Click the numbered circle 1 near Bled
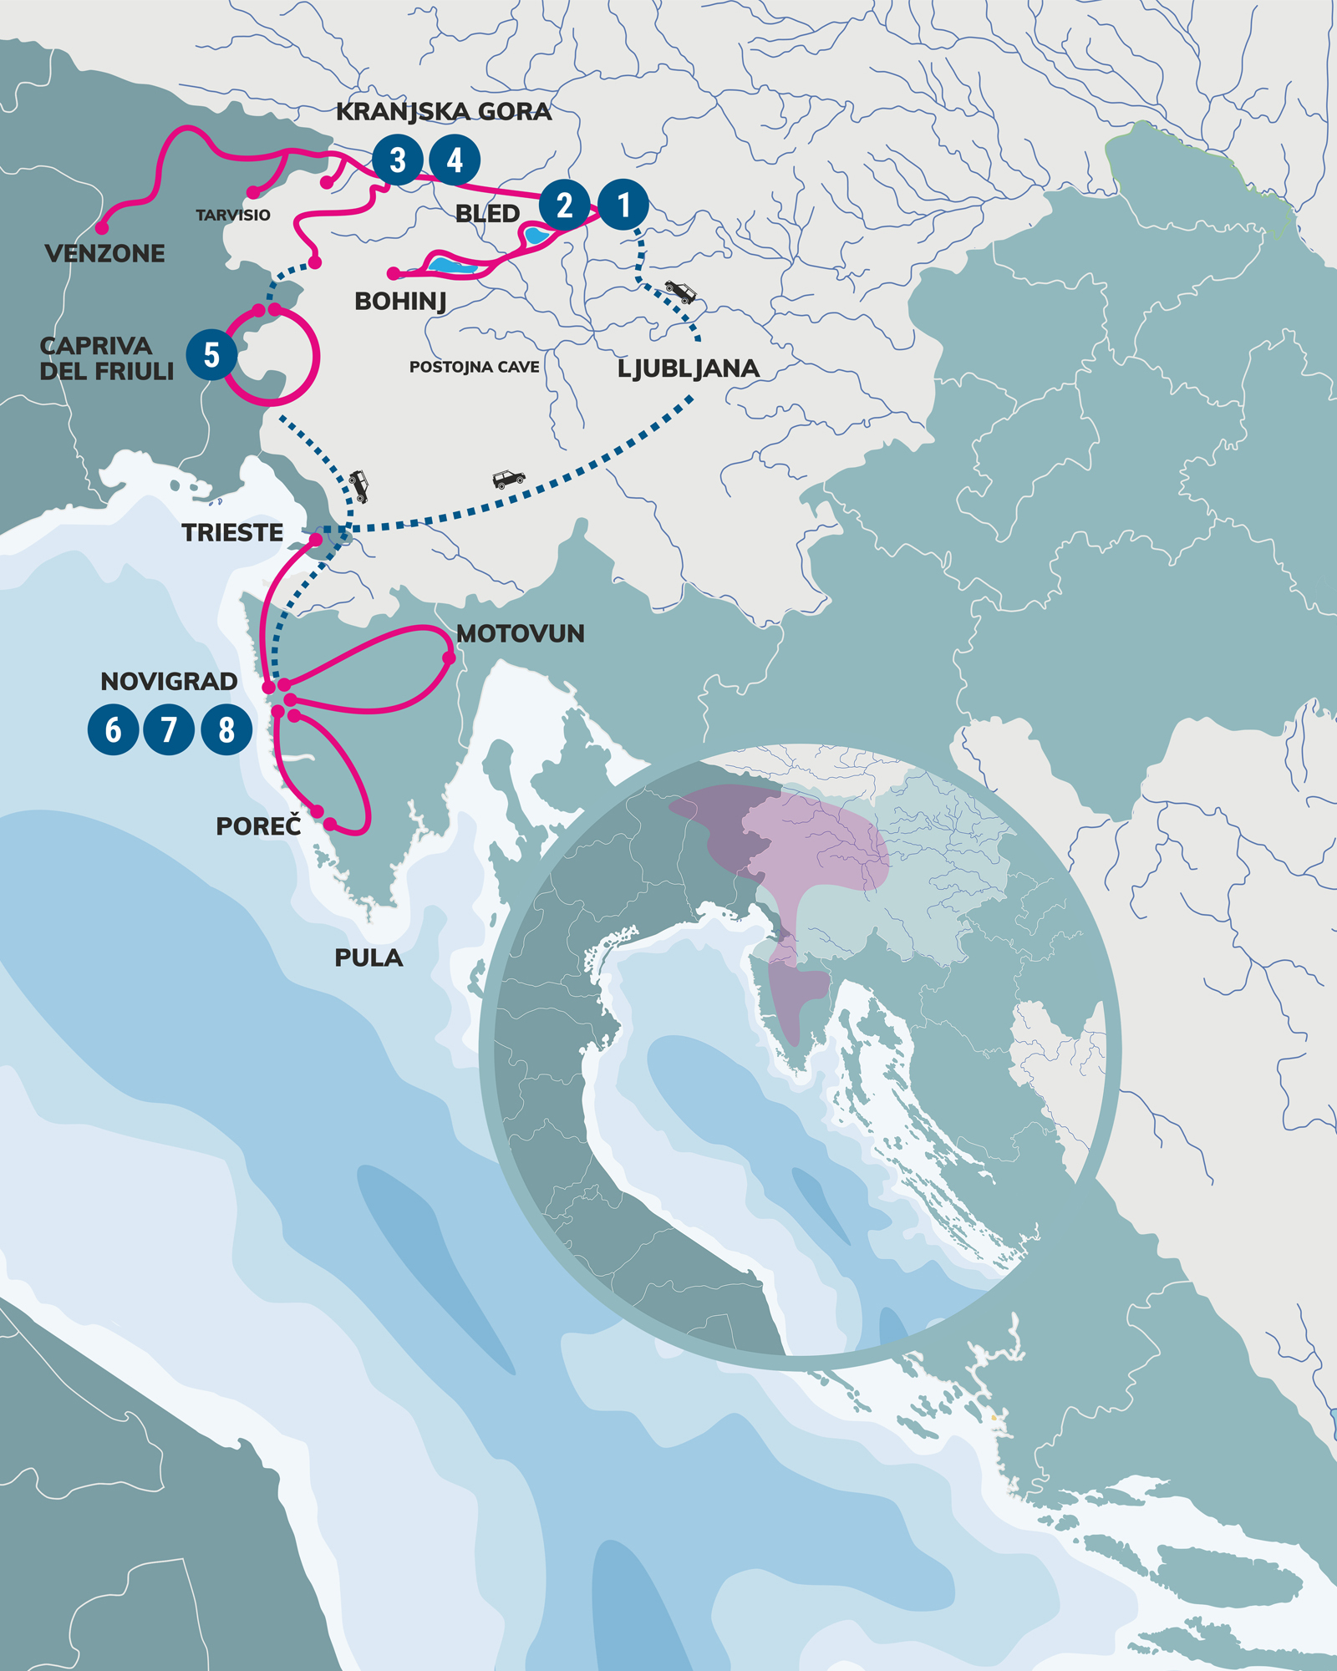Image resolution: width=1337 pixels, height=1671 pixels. (x=623, y=204)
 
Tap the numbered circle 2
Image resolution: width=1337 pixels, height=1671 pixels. (x=565, y=205)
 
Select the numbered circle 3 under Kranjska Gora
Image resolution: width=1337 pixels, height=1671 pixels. (x=398, y=160)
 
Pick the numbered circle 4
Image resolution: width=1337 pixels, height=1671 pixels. (x=455, y=160)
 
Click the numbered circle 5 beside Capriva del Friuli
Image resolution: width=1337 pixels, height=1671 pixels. (x=211, y=354)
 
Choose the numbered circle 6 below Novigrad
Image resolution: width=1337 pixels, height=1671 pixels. (x=113, y=729)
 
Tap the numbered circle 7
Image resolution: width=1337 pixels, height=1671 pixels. (x=169, y=729)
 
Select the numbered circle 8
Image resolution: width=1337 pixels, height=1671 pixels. (x=226, y=729)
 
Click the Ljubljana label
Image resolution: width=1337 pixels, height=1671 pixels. (x=688, y=368)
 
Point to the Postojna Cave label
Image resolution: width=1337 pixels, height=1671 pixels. (x=474, y=367)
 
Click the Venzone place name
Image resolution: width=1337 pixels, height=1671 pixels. (x=104, y=253)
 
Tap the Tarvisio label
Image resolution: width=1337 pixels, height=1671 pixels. (x=233, y=216)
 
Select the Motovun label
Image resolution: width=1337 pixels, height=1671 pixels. (x=520, y=633)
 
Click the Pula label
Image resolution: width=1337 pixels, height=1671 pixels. (x=369, y=957)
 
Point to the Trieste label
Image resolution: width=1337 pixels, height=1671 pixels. (x=232, y=532)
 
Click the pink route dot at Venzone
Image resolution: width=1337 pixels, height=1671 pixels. (x=102, y=227)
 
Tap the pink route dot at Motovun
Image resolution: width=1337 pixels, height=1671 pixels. (x=449, y=658)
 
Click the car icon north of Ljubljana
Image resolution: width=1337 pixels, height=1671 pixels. (x=680, y=292)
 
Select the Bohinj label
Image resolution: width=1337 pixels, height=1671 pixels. (x=400, y=301)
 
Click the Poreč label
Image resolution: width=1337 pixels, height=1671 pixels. (x=258, y=826)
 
